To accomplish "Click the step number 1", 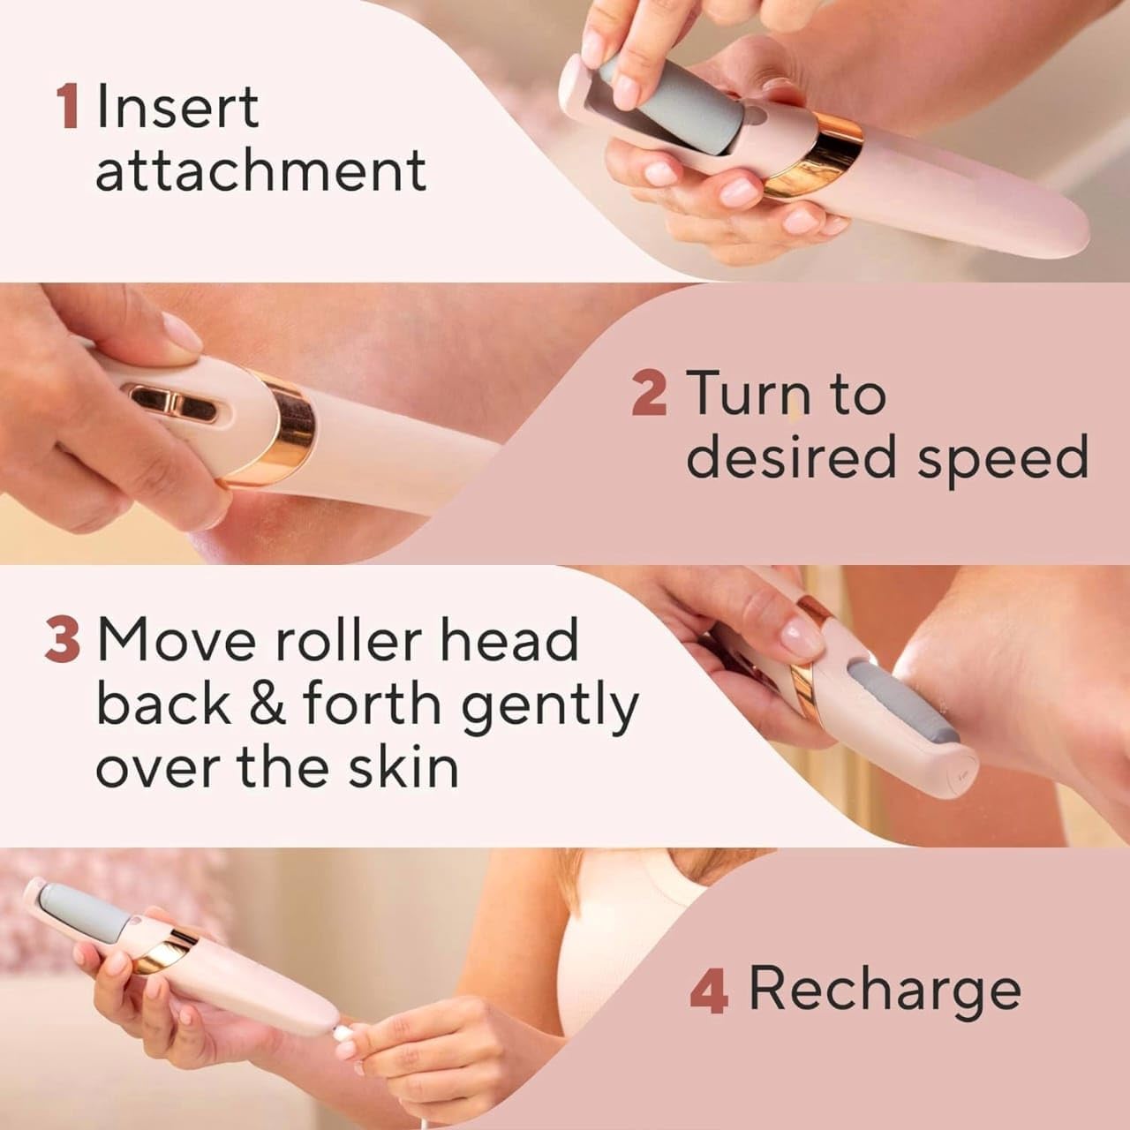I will coord(67,107).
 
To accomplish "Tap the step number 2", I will coord(649,394).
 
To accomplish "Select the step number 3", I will coord(62,641).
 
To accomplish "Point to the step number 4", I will coord(709,991).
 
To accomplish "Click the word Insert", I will coord(177,107).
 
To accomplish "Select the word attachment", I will coord(260,170).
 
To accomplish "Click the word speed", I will coord(1001,459).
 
